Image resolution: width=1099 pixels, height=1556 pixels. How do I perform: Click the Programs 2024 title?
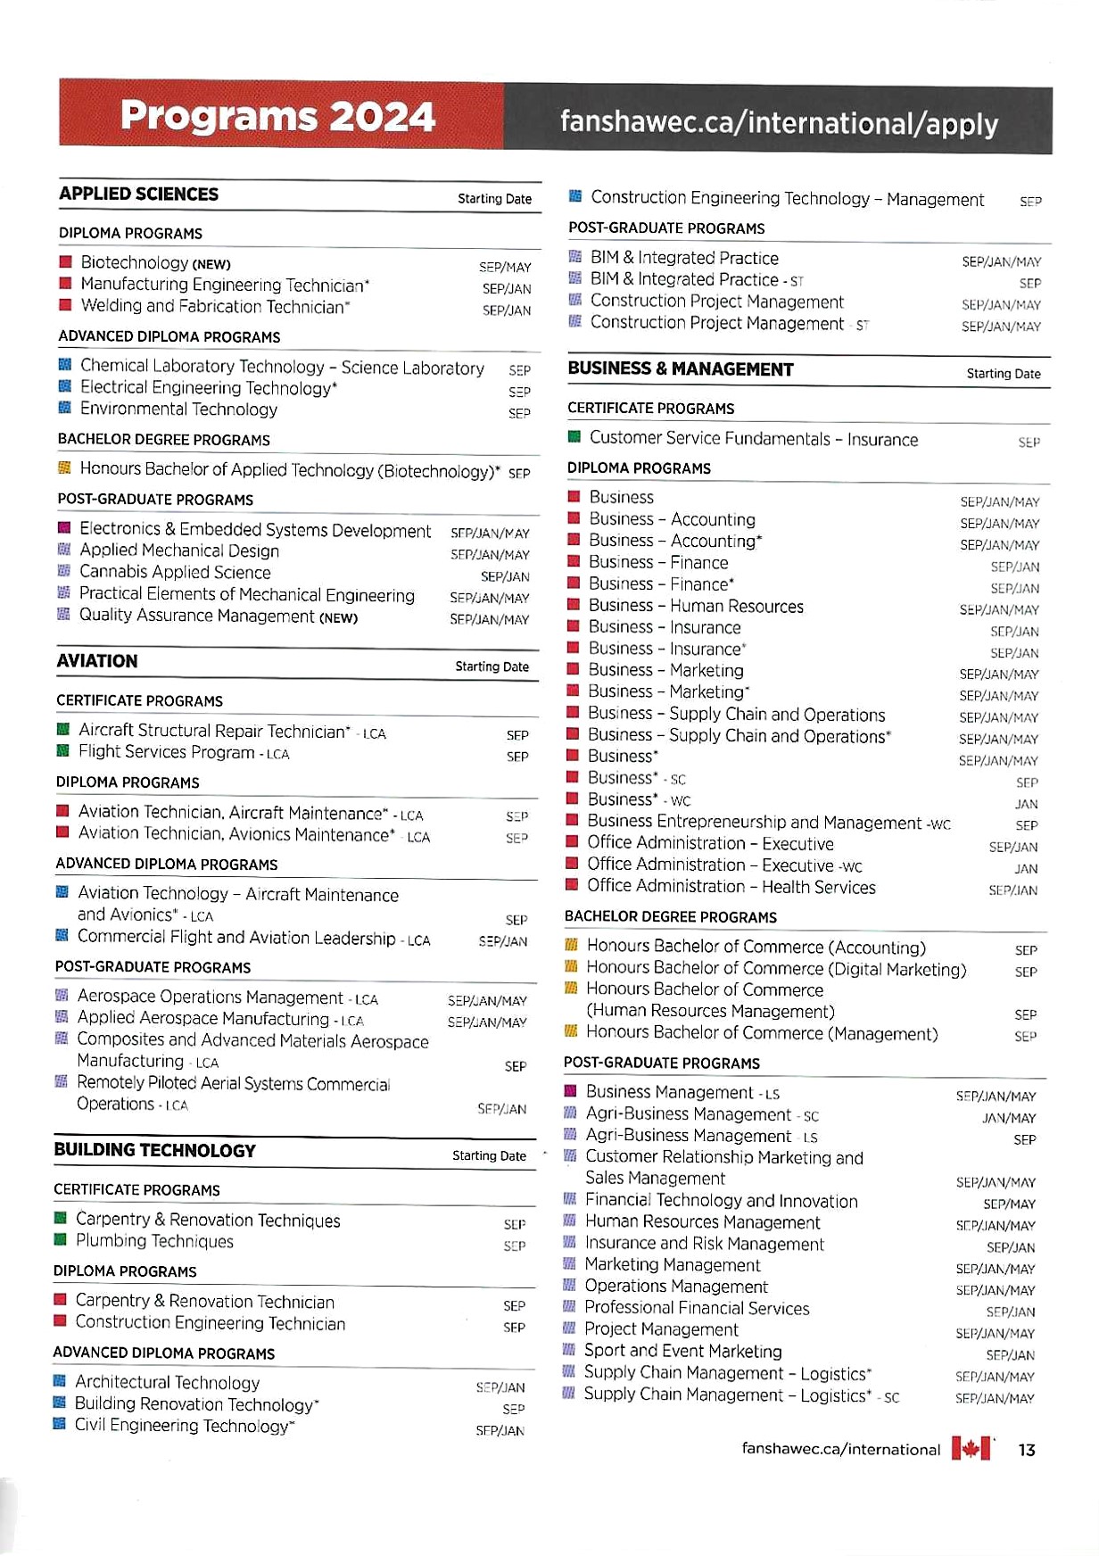pyautogui.click(x=277, y=117)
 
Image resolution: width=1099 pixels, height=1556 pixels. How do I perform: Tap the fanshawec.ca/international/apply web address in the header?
pyautogui.click(x=779, y=123)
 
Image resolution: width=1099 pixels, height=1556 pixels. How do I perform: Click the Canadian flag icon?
pyautogui.click(x=971, y=1448)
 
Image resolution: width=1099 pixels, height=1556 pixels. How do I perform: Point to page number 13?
pyautogui.click(x=1027, y=1450)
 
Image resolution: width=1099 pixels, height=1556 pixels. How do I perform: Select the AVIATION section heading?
pyautogui.click(x=97, y=661)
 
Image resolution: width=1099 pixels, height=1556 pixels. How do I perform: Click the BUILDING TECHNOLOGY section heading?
pyautogui.click(x=154, y=1150)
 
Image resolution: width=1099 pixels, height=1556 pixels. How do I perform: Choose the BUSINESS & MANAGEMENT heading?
pyautogui.click(x=681, y=369)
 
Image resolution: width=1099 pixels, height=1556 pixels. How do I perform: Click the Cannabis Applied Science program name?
pyautogui.click(x=175, y=572)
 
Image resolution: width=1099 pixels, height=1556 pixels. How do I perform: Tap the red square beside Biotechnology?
pyautogui.click(x=65, y=262)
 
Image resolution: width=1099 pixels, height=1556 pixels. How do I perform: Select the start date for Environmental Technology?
pyautogui.click(x=519, y=413)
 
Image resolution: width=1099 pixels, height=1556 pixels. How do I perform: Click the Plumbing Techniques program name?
pyautogui.click(x=154, y=1241)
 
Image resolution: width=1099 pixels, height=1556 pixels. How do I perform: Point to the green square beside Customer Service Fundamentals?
pyautogui.click(x=574, y=437)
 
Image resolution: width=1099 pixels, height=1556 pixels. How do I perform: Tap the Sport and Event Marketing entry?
pyautogui.click(x=682, y=1351)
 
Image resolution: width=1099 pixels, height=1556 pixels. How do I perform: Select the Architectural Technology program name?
pyautogui.click(x=167, y=1382)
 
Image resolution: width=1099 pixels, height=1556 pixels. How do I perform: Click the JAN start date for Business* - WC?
pyautogui.click(x=1026, y=804)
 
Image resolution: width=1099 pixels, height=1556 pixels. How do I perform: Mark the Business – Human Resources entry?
pyautogui.click(x=696, y=606)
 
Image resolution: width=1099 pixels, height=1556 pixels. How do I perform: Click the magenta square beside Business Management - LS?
pyautogui.click(x=570, y=1091)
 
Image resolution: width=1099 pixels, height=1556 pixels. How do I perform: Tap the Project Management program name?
pyautogui.click(x=661, y=1329)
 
